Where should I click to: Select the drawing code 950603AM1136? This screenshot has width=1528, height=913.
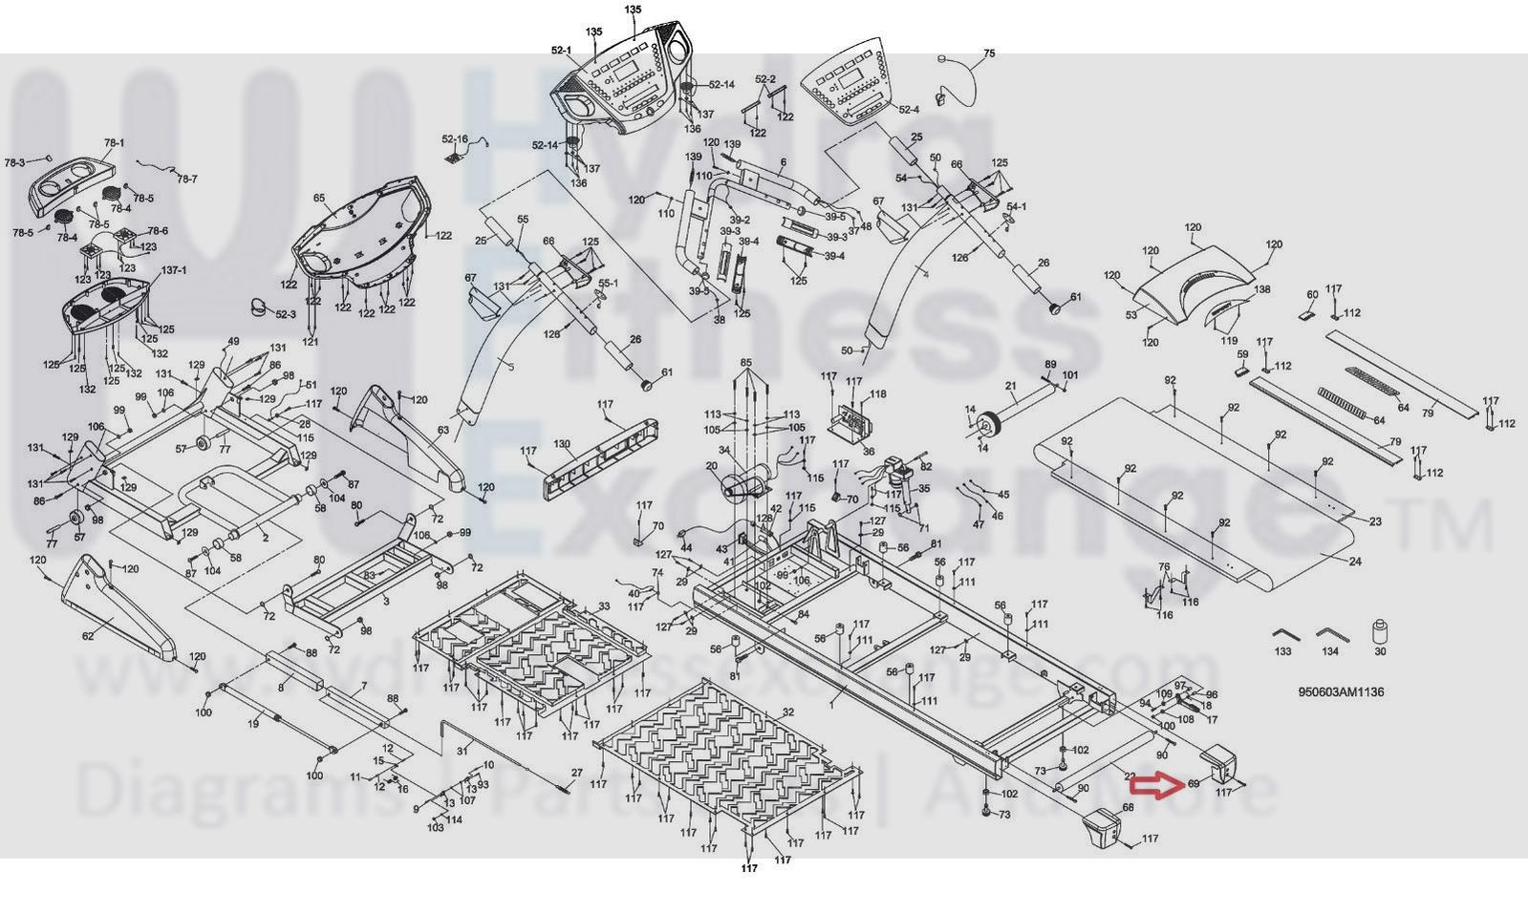click(1341, 692)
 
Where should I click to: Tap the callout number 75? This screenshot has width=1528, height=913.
click(989, 53)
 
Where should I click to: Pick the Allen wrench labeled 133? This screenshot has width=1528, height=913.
click(1282, 635)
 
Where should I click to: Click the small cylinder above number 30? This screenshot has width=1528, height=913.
click(1379, 629)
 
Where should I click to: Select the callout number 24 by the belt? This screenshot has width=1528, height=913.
click(1354, 562)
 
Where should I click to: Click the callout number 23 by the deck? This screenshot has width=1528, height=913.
click(1375, 521)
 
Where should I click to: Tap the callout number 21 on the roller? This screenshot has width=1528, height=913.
click(1010, 386)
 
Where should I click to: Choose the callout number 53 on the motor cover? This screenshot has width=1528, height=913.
click(1131, 314)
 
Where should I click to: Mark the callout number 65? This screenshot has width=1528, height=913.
click(319, 199)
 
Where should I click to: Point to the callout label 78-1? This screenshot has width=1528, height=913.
click(114, 143)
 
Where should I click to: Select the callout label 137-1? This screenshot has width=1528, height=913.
click(174, 270)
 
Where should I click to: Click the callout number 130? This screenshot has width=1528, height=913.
click(562, 444)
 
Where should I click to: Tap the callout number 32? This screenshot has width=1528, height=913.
click(787, 712)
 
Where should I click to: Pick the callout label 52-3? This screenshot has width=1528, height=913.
click(286, 314)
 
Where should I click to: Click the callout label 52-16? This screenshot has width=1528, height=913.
click(455, 138)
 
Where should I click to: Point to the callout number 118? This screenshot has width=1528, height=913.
click(877, 393)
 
